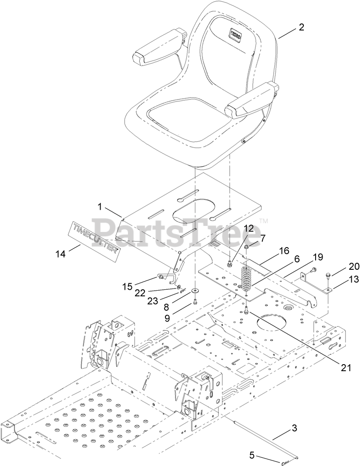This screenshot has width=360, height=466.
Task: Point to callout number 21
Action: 345,368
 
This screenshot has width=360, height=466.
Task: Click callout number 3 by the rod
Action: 294,428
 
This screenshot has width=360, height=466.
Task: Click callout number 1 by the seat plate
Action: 100,208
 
